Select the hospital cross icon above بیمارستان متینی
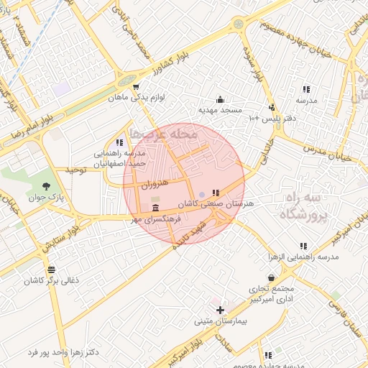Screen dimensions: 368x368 coord(220,308)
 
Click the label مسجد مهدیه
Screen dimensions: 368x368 coord(221,111)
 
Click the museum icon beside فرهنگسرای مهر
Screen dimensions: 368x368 coord(156,208)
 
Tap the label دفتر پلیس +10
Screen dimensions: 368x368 coord(273,117)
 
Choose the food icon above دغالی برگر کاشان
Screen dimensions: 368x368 coord(50,270)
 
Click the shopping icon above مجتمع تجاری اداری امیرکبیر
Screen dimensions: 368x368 coord(270,277)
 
